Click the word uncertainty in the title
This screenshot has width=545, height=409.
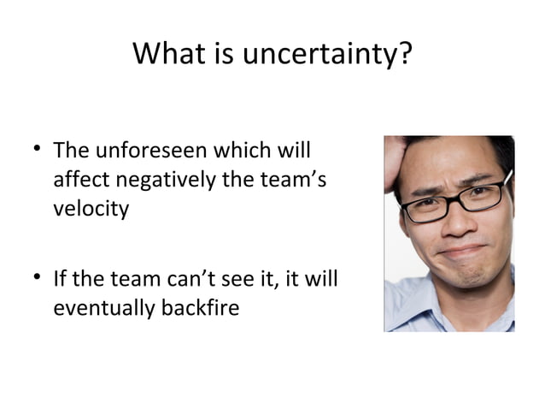pos(323,56)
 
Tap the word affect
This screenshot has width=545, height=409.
pos(79,181)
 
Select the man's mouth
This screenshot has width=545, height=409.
pos(462,252)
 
